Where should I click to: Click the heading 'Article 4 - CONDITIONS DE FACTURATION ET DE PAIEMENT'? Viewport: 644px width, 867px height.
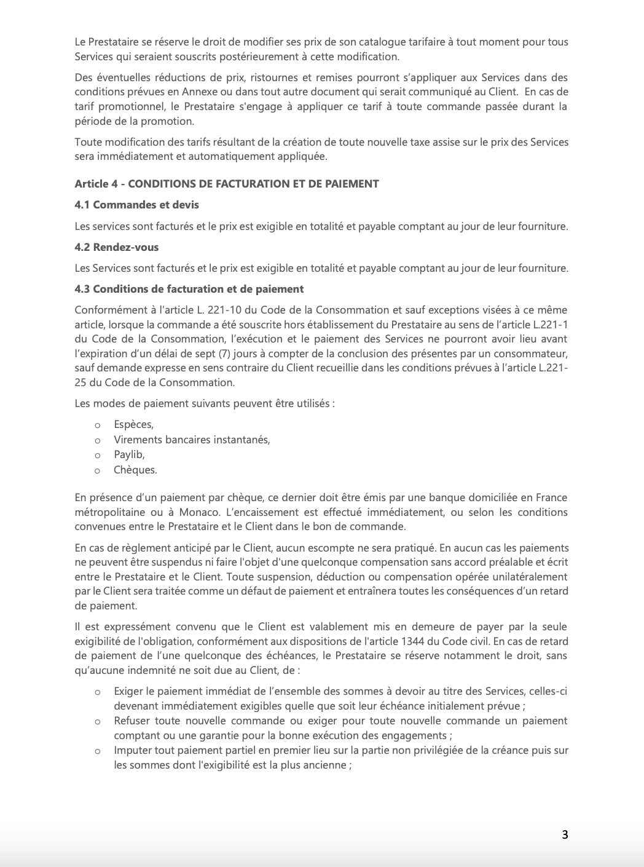227,184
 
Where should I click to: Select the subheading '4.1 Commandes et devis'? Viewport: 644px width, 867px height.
136,205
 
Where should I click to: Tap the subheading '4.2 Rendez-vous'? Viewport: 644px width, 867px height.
117,247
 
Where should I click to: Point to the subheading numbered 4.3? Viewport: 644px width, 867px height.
189,289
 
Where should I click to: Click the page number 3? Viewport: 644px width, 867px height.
565,834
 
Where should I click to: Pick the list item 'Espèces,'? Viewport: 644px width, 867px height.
133,425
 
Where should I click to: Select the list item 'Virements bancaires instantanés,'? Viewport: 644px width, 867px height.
192,440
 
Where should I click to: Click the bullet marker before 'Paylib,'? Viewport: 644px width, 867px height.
97,456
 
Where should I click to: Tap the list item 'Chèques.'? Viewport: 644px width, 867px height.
135,470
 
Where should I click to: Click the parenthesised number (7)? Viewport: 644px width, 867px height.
306,354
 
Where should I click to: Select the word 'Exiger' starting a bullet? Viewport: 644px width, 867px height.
128,692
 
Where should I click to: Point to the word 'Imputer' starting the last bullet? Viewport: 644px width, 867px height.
131,751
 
